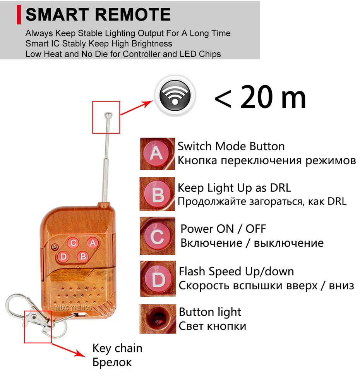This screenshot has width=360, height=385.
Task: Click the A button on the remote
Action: click(92, 243)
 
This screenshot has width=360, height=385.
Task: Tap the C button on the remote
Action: click(73, 243)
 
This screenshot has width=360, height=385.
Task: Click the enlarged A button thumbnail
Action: click(157, 153)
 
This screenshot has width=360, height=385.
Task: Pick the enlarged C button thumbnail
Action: click(157, 235)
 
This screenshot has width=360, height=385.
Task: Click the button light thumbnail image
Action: click(157, 319)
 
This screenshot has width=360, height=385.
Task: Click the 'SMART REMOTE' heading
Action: click(98, 15)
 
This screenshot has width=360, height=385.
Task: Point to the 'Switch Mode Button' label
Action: click(231, 146)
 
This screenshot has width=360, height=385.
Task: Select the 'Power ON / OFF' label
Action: click(223, 229)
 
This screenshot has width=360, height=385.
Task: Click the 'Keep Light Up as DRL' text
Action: click(234, 188)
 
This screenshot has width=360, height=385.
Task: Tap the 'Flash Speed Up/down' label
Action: click(236, 271)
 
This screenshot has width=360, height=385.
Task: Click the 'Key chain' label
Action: click(117, 348)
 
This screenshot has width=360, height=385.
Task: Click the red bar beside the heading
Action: click(19, 15)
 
